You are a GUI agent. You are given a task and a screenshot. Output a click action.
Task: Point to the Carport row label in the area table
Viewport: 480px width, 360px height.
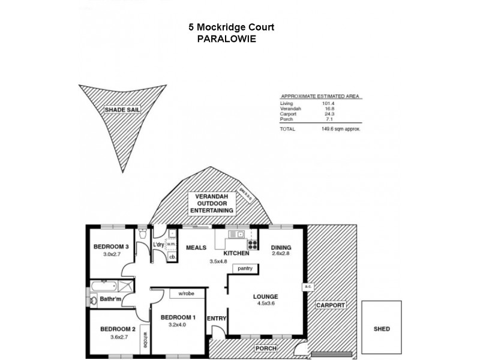(x=288, y=114)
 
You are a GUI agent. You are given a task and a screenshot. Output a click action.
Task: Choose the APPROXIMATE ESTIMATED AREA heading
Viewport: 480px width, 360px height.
(x=321, y=97)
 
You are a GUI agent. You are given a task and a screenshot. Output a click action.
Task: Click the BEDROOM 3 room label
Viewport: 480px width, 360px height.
(x=111, y=247)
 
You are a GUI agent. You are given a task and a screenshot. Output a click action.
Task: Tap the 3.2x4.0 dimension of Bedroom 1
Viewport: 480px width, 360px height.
(x=177, y=325)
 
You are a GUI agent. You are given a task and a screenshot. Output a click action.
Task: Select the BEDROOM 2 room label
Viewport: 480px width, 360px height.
(x=118, y=329)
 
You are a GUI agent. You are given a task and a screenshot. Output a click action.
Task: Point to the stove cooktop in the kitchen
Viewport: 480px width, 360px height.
(x=253, y=244)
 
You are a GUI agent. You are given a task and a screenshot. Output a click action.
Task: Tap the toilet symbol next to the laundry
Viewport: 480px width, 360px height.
(x=142, y=235)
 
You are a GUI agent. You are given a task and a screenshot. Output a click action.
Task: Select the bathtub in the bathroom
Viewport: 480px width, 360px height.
(x=103, y=285)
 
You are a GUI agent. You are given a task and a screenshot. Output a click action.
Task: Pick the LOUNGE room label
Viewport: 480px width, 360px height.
(x=265, y=296)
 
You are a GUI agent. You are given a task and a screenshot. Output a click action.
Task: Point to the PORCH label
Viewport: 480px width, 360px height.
(x=265, y=348)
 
